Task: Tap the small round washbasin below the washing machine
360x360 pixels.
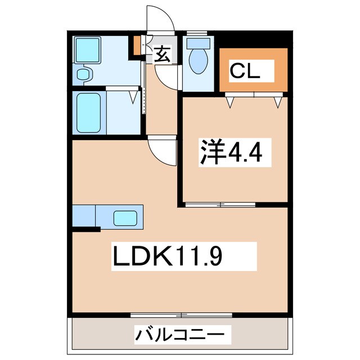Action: [84, 74]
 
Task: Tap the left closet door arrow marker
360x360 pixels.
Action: [231, 102]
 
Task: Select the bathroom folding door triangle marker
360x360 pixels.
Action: [134, 97]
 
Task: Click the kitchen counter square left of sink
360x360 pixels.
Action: [84, 215]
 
